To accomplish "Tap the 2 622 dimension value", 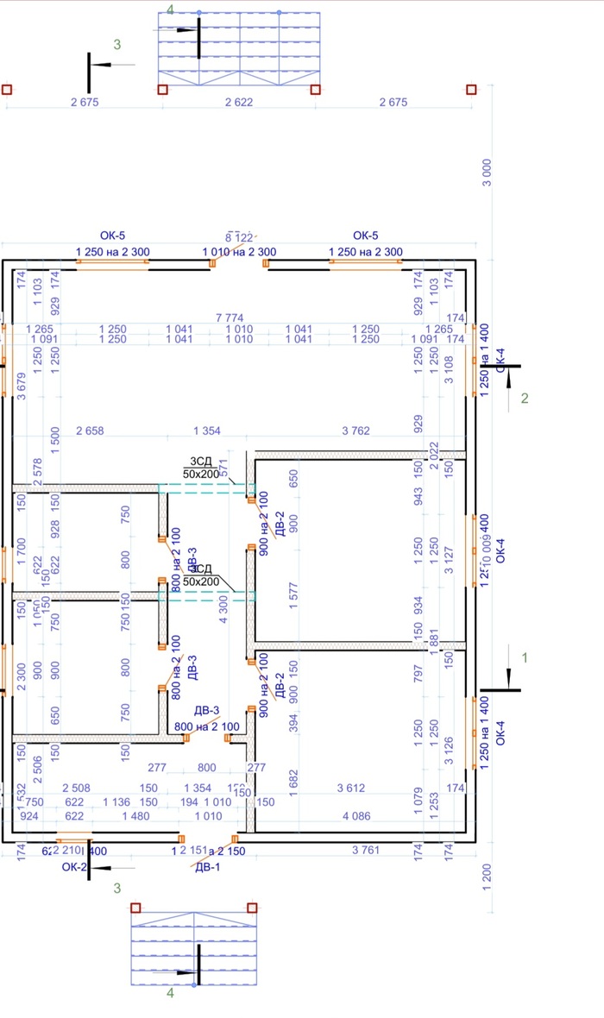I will click(x=239, y=103).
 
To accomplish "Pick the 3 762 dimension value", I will click(x=362, y=430).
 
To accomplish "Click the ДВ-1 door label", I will click(x=207, y=868).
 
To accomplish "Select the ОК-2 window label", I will click(x=74, y=867).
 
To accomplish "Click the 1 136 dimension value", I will click(x=115, y=801).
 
